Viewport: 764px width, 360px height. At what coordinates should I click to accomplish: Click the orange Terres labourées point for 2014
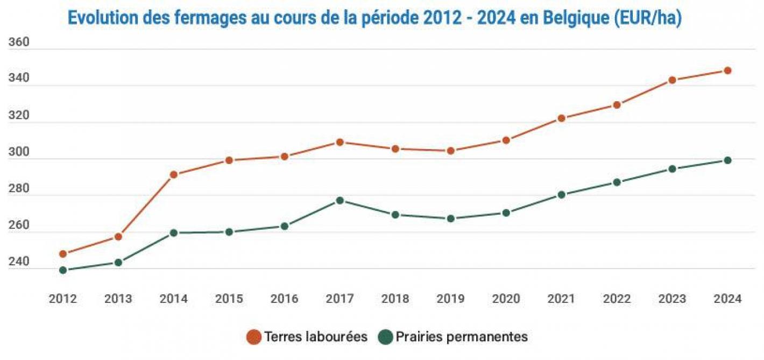(174, 174)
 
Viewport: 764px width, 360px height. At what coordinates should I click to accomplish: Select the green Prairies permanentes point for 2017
(339, 200)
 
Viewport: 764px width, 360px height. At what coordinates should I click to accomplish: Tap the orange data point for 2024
(727, 70)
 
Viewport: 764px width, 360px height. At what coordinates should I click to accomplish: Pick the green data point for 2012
(63, 270)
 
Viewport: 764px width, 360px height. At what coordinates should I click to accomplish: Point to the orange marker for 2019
(450, 151)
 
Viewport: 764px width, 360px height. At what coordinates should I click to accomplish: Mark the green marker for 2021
(561, 195)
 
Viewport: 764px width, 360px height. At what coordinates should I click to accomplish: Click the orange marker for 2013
(118, 237)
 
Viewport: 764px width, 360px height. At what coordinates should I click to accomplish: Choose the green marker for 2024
(727, 160)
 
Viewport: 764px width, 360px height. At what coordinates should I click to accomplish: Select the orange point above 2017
(339, 142)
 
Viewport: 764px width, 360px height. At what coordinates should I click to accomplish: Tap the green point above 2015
(229, 232)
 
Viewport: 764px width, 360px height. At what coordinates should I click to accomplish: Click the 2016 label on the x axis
(284, 299)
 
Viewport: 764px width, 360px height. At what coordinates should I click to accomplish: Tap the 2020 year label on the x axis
(506, 299)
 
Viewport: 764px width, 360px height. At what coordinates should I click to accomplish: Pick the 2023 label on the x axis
(672, 299)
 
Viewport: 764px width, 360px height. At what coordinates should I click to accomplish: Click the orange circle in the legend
(253, 337)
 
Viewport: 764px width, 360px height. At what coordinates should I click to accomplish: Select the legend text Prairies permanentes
(462, 337)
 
